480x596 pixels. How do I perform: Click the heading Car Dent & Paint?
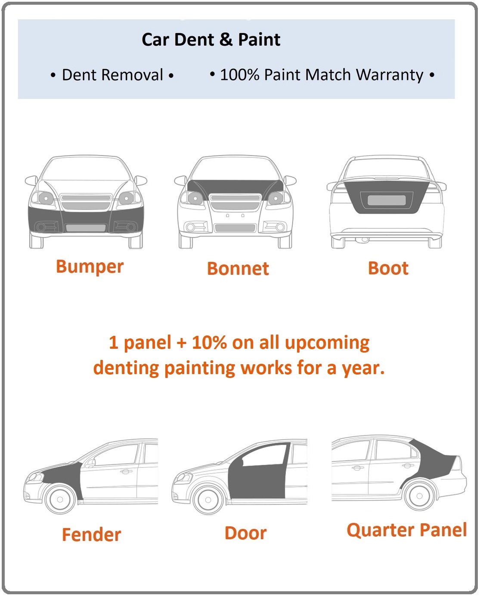pos(211,40)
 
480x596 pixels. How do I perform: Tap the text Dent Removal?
pos(112,75)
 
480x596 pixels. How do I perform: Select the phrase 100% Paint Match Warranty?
pos(322,75)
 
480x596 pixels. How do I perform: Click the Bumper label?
pos(90,267)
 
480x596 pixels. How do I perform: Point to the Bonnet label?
pos(238,269)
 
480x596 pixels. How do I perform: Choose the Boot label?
pos(388,268)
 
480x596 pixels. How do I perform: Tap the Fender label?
pos(91,535)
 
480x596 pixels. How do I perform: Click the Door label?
pos(245,533)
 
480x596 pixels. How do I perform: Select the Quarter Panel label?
pos(406,530)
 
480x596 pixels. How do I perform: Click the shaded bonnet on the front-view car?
pos(235,186)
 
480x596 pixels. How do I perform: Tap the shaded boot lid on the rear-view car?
pos(386,197)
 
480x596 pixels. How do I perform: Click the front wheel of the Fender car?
pos(60,499)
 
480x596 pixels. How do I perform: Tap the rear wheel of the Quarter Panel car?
pos(419,496)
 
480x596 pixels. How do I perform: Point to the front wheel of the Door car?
pos(208,500)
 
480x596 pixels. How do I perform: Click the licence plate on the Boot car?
pos(387,200)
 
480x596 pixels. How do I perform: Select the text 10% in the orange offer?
pos(209,342)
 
